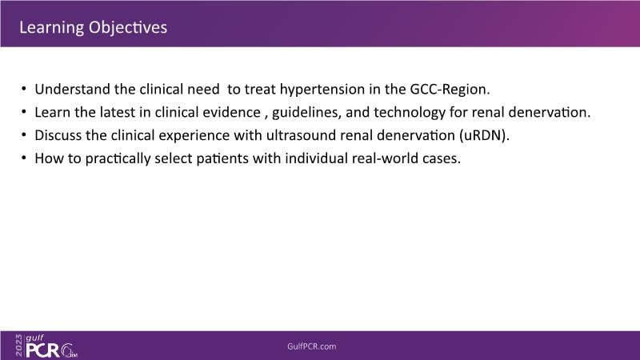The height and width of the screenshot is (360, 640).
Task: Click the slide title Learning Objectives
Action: coord(93,28)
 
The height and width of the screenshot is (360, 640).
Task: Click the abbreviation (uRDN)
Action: coord(484,135)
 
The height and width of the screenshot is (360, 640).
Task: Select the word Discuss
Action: coord(58,135)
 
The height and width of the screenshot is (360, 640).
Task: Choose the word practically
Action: coord(118,158)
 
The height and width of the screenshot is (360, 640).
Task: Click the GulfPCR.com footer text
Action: coord(312,346)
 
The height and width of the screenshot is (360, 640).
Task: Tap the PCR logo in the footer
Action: coord(43,350)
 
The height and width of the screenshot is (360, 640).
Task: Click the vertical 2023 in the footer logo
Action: coord(19,346)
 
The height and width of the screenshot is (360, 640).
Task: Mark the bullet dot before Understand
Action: coord(24,89)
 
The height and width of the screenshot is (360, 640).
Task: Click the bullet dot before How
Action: coord(24,158)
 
